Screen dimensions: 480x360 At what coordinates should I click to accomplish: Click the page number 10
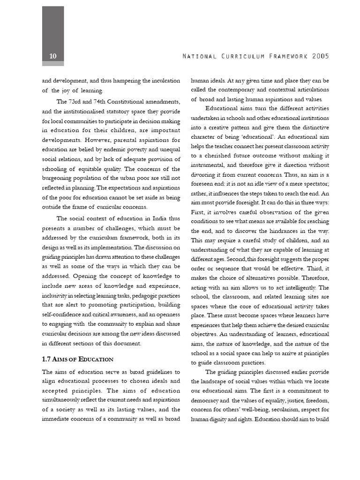[53, 56]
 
